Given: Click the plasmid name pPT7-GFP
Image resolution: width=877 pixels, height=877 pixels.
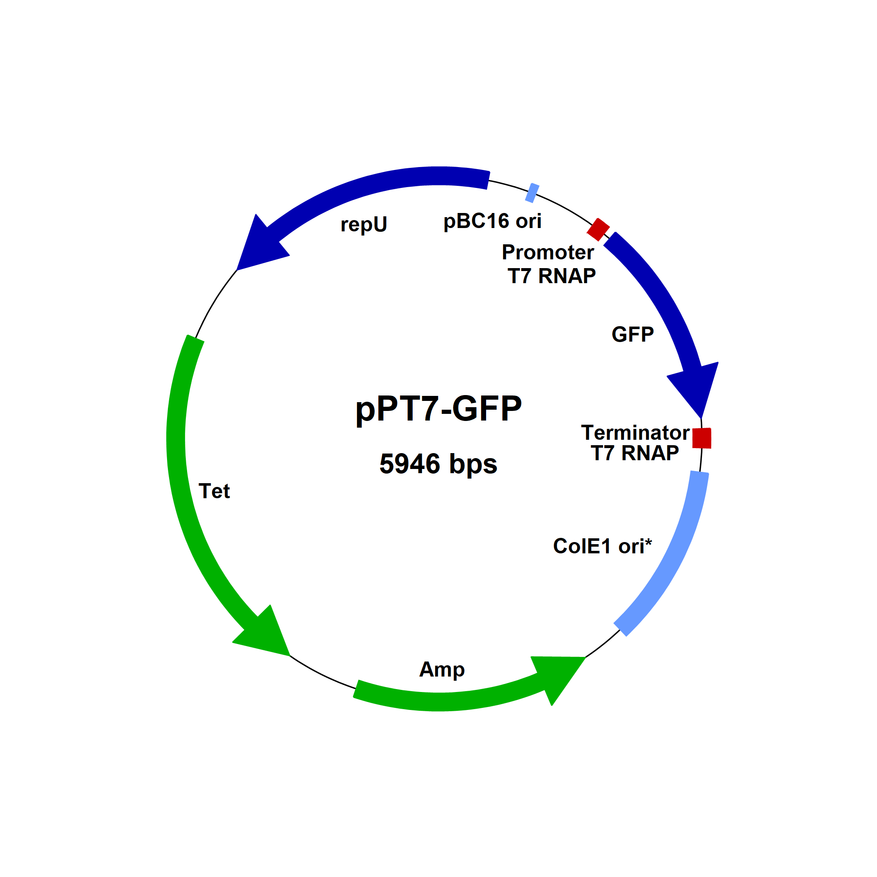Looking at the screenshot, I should (x=438, y=409).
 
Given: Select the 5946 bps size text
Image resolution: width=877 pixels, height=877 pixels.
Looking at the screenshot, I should (x=438, y=464).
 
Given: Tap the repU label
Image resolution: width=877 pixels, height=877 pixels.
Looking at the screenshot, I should (x=364, y=224).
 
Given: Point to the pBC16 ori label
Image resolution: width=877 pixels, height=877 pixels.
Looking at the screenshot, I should (x=492, y=221).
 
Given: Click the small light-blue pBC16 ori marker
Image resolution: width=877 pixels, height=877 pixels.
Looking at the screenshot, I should (x=532, y=193).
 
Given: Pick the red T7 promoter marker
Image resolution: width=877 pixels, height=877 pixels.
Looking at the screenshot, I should (x=598, y=229).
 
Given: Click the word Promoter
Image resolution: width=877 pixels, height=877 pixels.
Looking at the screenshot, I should (x=547, y=252).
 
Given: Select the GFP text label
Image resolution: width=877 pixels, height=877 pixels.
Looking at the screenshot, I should (x=632, y=335).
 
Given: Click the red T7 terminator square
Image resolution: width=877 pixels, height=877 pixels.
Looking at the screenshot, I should (x=702, y=438).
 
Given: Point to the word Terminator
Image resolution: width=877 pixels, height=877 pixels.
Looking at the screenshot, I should (x=635, y=433).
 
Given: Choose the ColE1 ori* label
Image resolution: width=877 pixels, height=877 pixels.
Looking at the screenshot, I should (x=602, y=546).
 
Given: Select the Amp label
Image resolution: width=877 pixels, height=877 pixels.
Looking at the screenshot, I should (x=442, y=669).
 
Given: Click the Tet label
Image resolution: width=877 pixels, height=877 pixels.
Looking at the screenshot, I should (x=214, y=491).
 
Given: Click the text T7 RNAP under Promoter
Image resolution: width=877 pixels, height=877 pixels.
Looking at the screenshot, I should (x=552, y=276).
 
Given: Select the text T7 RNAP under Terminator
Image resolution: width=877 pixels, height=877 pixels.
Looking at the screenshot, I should (x=635, y=453).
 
